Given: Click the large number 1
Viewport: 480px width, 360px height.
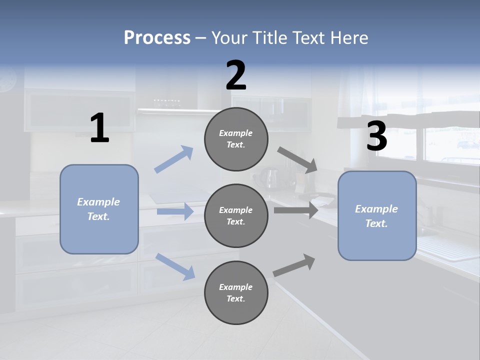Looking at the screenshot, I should (99, 128).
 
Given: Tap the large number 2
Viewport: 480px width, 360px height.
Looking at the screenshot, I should (236, 75).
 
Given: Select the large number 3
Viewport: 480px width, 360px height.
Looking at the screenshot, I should (376, 136).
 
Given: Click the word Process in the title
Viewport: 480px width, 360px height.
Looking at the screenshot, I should (157, 37).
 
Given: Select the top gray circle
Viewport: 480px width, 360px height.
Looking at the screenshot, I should (236, 139).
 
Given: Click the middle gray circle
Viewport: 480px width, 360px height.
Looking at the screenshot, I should (236, 215).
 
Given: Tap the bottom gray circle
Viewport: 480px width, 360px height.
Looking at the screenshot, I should (236, 292).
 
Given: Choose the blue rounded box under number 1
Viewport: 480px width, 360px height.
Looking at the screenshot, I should (99, 209).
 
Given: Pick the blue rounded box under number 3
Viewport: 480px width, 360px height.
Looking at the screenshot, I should (377, 215).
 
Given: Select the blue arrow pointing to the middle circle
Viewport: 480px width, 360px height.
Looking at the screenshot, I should (175, 211).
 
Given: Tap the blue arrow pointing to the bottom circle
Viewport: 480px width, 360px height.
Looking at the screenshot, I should (175, 266).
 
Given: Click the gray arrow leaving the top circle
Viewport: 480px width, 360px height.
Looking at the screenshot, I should (297, 160).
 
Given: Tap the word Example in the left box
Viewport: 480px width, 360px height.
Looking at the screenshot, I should (98, 202).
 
